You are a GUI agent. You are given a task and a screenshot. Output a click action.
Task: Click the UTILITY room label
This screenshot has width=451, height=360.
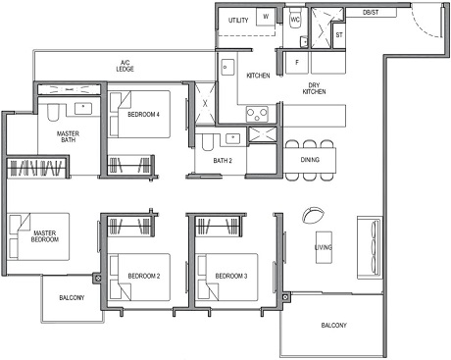(238, 20)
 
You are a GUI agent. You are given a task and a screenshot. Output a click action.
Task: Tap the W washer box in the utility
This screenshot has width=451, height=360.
(266, 18)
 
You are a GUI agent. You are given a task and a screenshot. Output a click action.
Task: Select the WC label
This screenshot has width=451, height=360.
(295, 19)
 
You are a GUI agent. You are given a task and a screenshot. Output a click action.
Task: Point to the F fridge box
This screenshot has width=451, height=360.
(297, 61)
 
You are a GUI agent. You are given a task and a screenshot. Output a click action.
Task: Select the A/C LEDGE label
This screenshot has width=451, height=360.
(125, 67)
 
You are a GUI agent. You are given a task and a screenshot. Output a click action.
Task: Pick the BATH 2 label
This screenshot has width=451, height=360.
(223, 160)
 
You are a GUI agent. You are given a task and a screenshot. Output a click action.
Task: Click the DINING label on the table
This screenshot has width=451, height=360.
(311, 158)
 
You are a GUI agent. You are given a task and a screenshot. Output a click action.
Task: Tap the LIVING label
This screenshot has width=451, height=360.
(324, 247)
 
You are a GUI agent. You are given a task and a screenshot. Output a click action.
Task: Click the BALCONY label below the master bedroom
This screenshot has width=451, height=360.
(71, 297)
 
